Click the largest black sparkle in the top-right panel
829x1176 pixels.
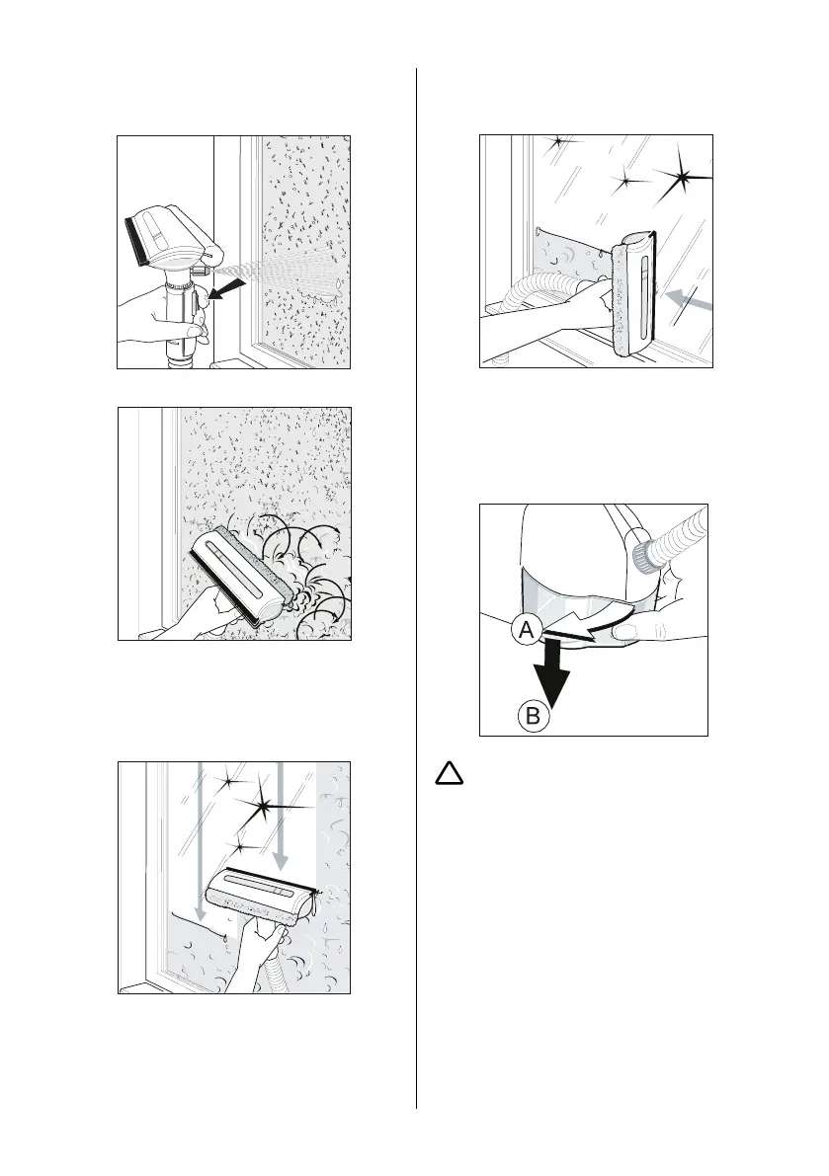(x=683, y=179)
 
